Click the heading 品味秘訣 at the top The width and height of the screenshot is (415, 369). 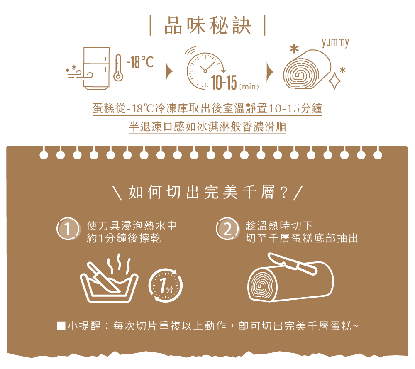click(207, 26)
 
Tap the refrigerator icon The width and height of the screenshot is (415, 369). click(96, 68)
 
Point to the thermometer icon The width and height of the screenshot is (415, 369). click(118, 68)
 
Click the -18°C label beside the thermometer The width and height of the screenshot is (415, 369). click(140, 62)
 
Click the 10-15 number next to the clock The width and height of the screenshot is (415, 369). click(224, 83)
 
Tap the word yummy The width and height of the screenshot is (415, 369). click(335, 42)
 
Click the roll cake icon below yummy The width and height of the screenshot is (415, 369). click(307, 69)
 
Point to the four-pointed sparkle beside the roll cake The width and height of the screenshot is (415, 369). click(334, 81)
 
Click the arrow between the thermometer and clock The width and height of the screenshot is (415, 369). click(169, 71)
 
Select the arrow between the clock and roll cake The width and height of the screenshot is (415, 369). click(270, 72)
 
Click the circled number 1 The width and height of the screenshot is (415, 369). click(68, 229)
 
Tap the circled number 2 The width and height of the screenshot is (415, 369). click(227, 229)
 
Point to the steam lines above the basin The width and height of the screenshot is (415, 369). click(119, 264)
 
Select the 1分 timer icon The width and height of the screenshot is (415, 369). click(166, 285)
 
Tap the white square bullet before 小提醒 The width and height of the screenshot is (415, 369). click(61, 325)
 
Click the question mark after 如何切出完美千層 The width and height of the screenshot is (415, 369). click(283, 193)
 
